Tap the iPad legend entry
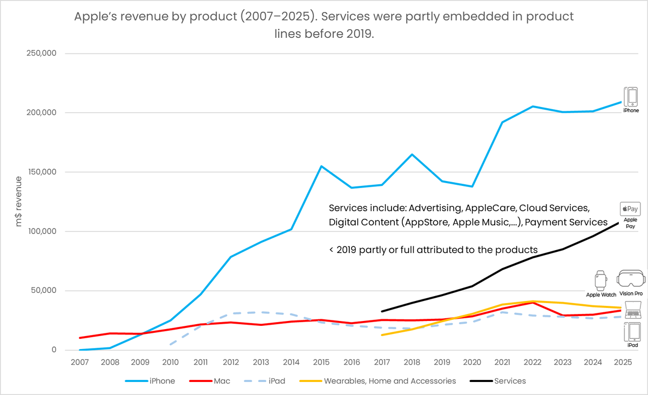click(275, 381)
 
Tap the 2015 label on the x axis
click(321, 362)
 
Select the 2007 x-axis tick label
click(80, 362)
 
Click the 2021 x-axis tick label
click(502, 362)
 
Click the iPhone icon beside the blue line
click(631, 97)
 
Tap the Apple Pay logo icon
click(630, 209)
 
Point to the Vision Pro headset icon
click(631, 280)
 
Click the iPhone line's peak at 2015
click(321, 166)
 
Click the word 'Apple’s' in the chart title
click(97, 17)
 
